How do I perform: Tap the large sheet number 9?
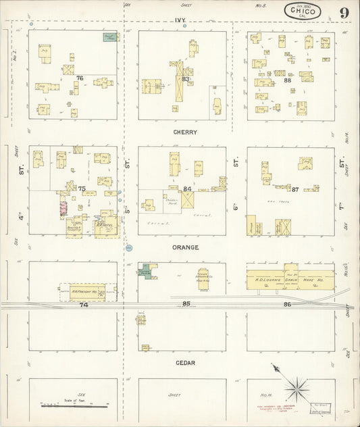[344, 12]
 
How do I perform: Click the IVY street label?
[180, 21]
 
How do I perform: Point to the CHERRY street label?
[184, 132]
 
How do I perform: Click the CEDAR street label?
[185, 363]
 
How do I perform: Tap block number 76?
[80, 78]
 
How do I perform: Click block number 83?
[186, 79]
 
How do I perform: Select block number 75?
[82, 189]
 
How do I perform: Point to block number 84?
[187, 189]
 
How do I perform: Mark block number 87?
[296, 189]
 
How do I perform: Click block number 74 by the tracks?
[84, 305]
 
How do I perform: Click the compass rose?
[295, 388]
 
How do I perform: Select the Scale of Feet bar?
[74, 405]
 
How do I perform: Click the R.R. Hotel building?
[106, 226]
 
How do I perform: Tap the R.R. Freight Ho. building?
[83, 291]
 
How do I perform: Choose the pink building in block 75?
[64, 207]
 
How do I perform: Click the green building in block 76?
[109, 37]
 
